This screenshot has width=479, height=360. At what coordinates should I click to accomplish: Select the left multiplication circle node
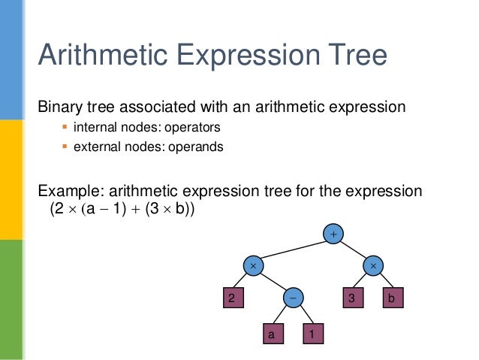point(254,266)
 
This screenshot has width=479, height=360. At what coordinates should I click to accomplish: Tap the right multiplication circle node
point(373,266)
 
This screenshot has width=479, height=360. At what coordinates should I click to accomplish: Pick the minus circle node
point(294,298)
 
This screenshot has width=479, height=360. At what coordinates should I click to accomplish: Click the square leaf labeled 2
point(233,298)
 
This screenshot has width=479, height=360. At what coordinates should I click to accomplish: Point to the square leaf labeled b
point(393,298)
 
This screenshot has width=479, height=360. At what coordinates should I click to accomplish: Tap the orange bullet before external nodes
point(65,147)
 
